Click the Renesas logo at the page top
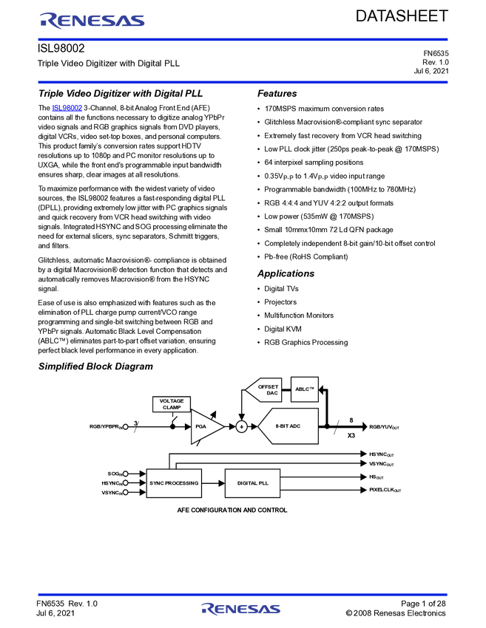coord(92,21)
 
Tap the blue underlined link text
coord(67,109)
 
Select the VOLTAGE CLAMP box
coord(172,404)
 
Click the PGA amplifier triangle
coord(204,426)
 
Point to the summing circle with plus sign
coord(241,426)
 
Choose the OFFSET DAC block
coord(265,389)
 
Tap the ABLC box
coord(305,389)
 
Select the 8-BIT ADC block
coord(290,426)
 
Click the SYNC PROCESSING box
coord(174,483)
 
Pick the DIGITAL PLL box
coord(252,483)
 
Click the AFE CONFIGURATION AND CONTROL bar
coord(232,511)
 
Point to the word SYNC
coord(157,483)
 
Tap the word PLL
coord(263,483)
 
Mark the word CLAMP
coord(172,408)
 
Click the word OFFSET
coord(269,386)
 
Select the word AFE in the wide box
coord(183,511)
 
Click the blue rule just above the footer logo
coord(243,594)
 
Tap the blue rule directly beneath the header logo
coord(243,40)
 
